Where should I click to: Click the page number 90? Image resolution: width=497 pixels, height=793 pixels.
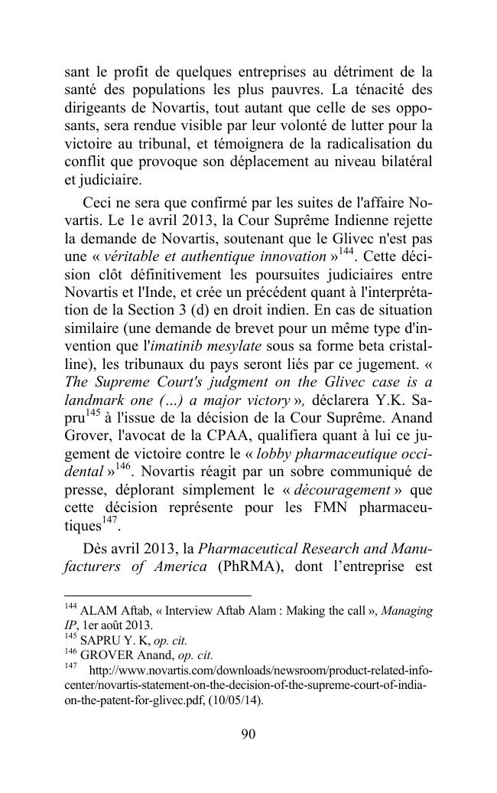(248, 734)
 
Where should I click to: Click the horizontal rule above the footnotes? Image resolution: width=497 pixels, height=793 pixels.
(157, 596)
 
